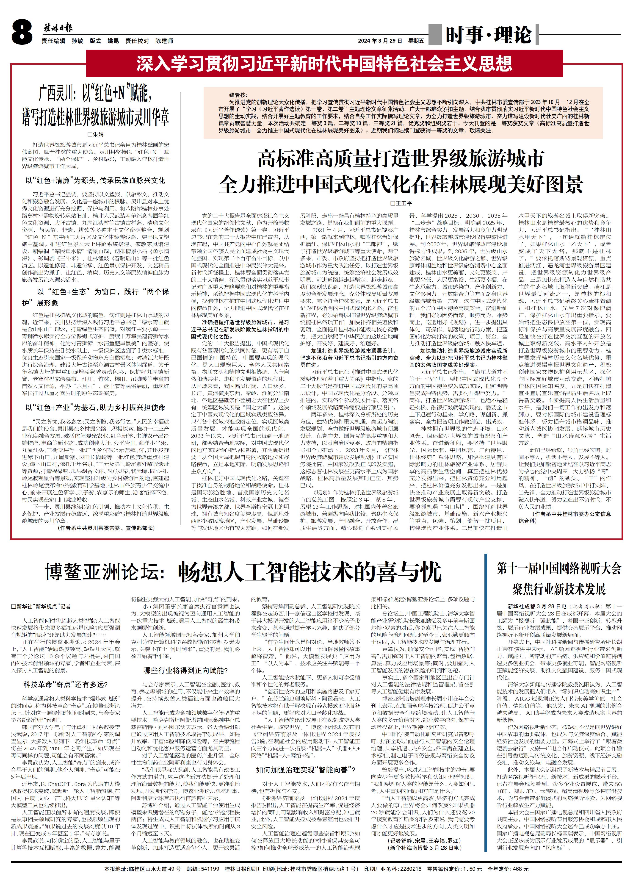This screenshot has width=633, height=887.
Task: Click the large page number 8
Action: click(22, 33)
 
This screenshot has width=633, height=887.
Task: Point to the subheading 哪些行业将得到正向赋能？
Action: click(185, 670)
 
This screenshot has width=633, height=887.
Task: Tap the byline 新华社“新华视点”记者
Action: click(41, 606)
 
